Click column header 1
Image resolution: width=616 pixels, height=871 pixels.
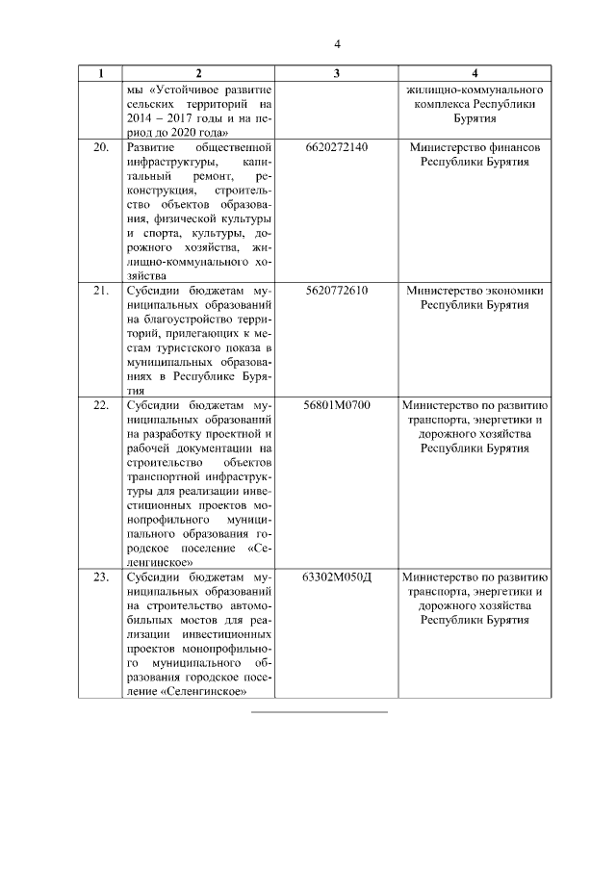pos(100,73)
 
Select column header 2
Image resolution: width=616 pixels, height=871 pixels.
pos(197,73)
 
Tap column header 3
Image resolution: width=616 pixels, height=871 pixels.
pos(334,73)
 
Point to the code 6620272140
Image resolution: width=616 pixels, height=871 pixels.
pos(335,147)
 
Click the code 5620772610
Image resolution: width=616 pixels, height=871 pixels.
pos(335,290)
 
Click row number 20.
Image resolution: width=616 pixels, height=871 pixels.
pos(100,147)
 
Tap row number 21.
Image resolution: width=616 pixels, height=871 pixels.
pos(100,290)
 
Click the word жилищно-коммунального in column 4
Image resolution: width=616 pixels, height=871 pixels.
pos(475,90)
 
